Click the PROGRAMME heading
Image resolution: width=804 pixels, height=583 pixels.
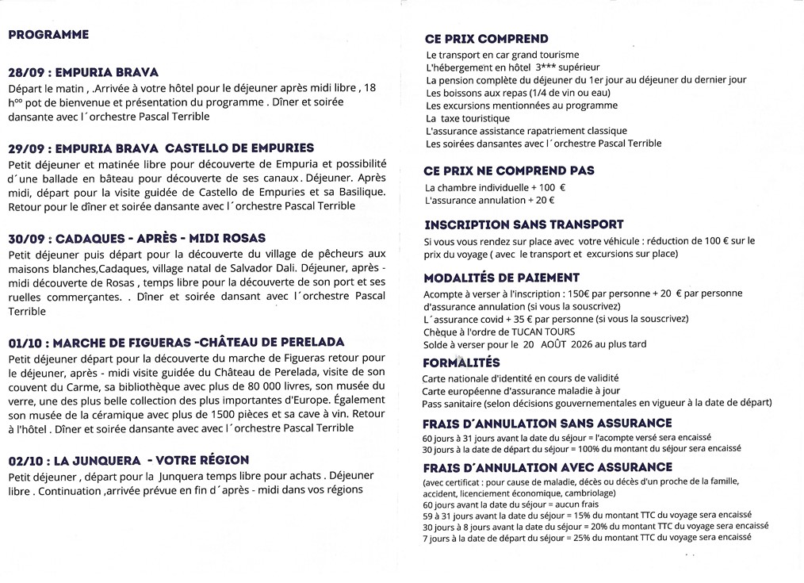click(48, 35)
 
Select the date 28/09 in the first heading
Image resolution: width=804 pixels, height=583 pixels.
click(25, 71)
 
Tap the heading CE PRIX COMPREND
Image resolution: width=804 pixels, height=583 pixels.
click(486, 39)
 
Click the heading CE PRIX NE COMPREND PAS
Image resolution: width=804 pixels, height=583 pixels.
click(509, 171)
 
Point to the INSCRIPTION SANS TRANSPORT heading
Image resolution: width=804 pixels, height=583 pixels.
click(524, 224)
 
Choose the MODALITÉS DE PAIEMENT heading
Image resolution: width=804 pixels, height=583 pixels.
click(502, 278)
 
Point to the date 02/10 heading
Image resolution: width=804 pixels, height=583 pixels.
click(25, 460)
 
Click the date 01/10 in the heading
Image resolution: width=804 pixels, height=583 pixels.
click(24, 342)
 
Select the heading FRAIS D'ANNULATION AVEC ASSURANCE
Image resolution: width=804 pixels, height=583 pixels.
click(547, 467)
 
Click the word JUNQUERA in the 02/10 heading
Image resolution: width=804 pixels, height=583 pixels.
click(105, 460)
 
